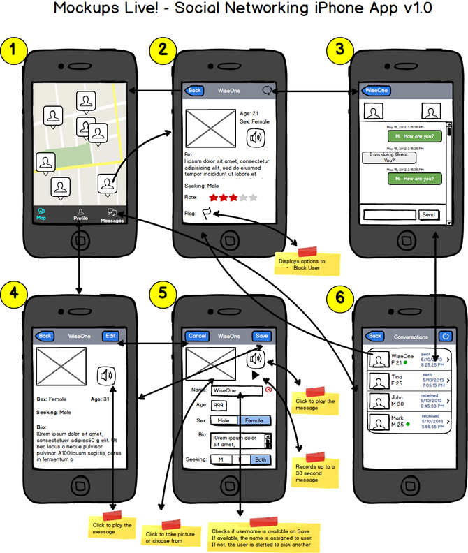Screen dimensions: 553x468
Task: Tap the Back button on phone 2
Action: pos(193,91)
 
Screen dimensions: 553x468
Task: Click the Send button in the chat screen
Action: pos(428,214)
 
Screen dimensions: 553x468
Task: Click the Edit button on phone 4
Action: pos(110,336)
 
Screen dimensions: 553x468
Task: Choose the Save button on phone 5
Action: pos(261,336)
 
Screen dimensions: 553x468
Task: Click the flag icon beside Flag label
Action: pos(207,213)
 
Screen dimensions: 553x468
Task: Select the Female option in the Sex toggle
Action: pos(254,420)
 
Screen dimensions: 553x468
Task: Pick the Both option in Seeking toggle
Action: pos(261,459)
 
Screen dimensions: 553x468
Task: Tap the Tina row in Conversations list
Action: pos(406,381)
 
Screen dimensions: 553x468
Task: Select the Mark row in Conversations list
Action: pos(406,422)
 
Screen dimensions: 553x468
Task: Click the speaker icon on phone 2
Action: pos(257,137)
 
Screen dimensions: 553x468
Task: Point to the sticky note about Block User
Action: pos(307,263)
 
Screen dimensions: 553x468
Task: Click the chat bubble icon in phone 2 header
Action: pos(266,91)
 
